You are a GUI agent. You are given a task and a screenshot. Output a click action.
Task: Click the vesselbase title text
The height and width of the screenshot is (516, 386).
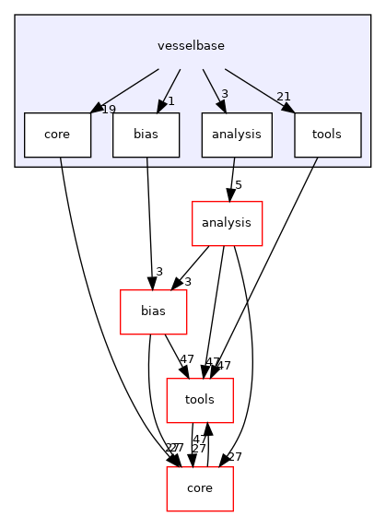click(x=192, y=45)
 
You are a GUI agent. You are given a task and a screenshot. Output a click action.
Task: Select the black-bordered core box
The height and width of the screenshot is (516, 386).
click(x=57, y=135)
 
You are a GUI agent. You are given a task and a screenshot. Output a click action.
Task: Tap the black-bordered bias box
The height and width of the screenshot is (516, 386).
click(x=146, y=135)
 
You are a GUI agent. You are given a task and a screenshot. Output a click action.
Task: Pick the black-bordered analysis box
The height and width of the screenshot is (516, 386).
click(x=237, y=135)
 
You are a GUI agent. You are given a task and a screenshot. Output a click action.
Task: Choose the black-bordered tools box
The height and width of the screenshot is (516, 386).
click(x=327, y=135)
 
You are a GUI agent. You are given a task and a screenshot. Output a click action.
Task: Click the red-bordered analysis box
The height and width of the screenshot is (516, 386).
click(x=227, y=223)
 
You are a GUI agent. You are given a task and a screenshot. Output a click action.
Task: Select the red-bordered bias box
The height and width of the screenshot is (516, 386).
click(x=153, y=311)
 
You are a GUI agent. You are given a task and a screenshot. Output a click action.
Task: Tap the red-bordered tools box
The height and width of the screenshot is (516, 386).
click(x=199, y=400)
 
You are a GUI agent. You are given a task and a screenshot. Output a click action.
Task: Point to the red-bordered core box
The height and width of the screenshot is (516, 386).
click(x=199, y=488)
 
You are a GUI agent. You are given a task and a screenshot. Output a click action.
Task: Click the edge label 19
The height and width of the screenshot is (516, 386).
click(x=109, y=110)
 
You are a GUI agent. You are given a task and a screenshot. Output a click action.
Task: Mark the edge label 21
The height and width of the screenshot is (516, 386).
click(x=284, y=98)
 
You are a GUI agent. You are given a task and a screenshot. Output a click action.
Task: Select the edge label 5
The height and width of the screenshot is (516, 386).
click(x=238, y=185)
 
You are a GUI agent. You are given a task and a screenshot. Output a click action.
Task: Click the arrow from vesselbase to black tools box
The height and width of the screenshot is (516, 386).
click(x=259, y=88)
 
